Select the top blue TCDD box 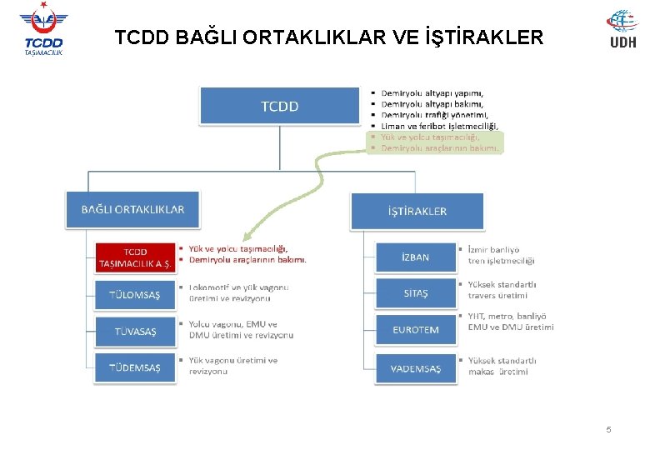pyautogui.click(x=279, y=106)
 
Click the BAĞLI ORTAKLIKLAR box pyautogui.click(x=132, y=210)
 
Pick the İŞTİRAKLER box pyautogui.click(x=417, y=211)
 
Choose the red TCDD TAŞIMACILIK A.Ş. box pyautogui.click(x=135, y=257)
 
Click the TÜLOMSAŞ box pyautogui.click(x=135, y=295)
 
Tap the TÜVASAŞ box pyautogui.click(x=135, y=331)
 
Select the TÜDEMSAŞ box pyautogui.click(x=135, y=367)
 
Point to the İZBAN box pyautogui.click(x=415, y=257)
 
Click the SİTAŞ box pyautogui.click(x=415, y=293)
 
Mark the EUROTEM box pyautogui.click(x=415, y=330)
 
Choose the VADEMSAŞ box pyautogui.click(x=415, y=368)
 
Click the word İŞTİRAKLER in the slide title pyautogui.click(x=483, y=37)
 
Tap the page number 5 pyautogui.click(x=608, y=429)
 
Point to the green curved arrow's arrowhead pyautogui.click(x=241, y=238)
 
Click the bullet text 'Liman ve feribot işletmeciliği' pyautogui.click(x=439, y=126)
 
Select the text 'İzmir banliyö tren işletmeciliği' pyautogui.click(x=500, y=255)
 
